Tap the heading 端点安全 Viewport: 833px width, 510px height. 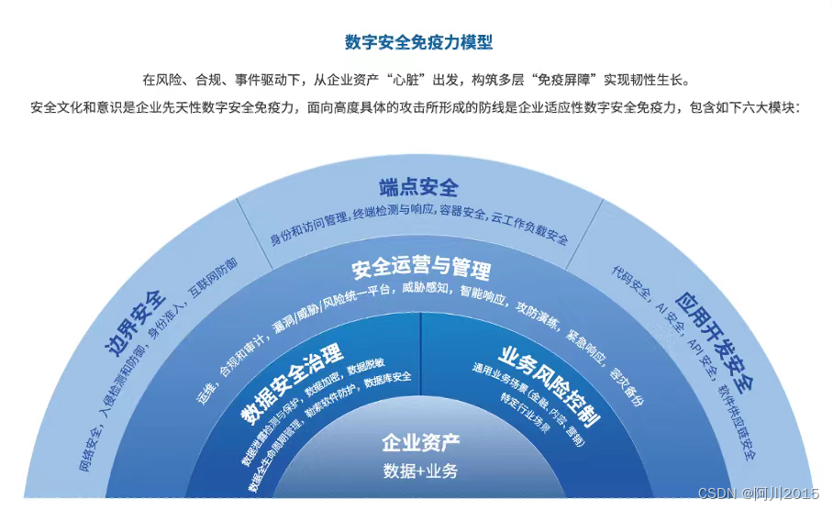[x=418, y=188]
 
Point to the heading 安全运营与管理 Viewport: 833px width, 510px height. [x=421, y=268]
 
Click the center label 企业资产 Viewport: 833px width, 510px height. [x=420, y=444]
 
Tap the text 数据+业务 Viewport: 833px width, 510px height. [x=420, y=471]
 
